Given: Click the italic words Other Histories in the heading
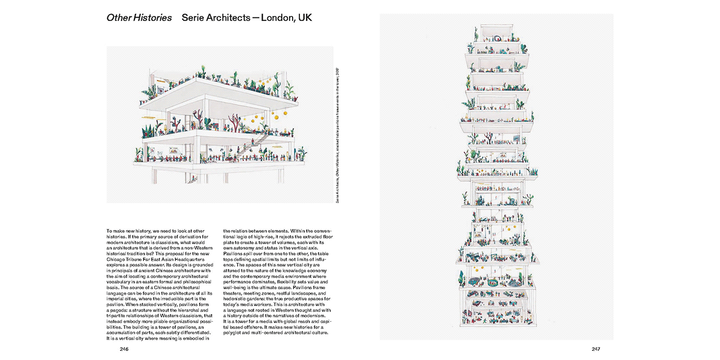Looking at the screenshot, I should [x=139, y=18].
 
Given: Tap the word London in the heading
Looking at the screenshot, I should [x=276, y=18].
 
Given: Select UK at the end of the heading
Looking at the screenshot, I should [x=304, y=18].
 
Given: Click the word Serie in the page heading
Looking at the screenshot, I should [x=194, y=18].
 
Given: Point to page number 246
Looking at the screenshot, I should [x=124, y=349].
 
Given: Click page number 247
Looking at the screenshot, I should [x=596, y=349].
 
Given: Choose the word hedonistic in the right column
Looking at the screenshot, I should [x=235, y=299].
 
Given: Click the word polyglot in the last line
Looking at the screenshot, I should [x=234, y=332].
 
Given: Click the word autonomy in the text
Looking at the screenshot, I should [x=244, y=247].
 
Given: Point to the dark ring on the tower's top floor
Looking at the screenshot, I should [x=496, y=39].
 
